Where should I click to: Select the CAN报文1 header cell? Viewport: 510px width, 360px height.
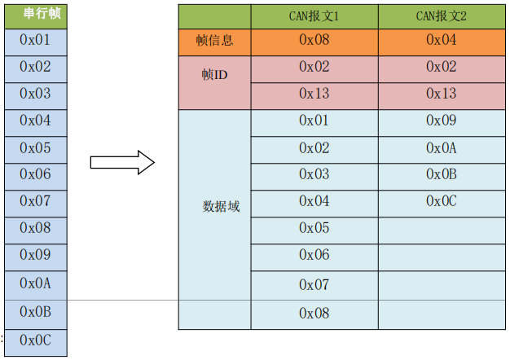pos(314,15)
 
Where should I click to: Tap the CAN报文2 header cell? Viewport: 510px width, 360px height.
pos(441,15)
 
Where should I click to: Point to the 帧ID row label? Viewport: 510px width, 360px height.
pos(214,74)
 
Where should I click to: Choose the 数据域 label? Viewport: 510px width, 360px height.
pos(221,207)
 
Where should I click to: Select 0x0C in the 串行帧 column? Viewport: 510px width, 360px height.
pos(35,340)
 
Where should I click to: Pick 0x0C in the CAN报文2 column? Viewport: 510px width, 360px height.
pos(441,200)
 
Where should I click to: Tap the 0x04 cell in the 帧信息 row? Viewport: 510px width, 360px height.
pos(441,40)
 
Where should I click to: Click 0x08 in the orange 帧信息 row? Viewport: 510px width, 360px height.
pos(314,40)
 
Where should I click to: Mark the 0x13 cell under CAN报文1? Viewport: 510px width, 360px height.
pos(314,94)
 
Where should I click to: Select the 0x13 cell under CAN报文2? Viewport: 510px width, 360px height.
pos(441,94)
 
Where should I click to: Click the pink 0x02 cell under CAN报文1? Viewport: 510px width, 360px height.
pos(314,67)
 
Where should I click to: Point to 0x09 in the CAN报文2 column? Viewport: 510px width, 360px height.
pos(441,121)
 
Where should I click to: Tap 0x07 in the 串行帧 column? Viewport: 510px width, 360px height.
pos(35,200)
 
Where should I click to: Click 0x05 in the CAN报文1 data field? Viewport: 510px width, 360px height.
pos(314,227)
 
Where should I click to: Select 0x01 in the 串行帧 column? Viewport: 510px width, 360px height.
pos(35,40)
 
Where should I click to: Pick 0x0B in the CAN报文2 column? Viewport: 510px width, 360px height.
pos(441,173)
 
